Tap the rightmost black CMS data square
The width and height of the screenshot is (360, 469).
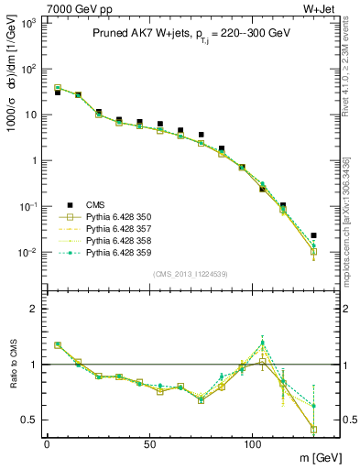[313, 235]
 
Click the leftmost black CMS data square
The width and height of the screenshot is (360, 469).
[57, 93]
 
